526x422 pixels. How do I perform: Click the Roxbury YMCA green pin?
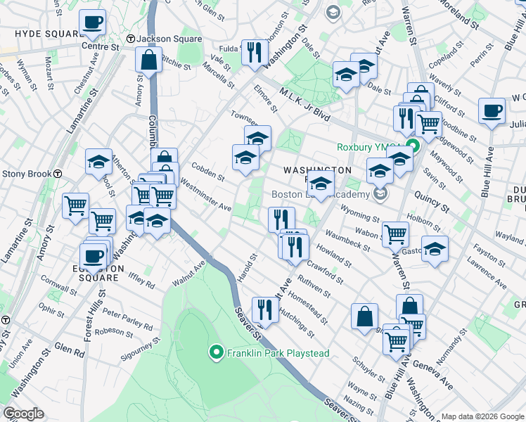pyautogui.click(x=414, y=147)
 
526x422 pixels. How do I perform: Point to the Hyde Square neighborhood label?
pyautogui.click(x=38, y=33)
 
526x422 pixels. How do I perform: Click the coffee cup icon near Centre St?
pyautogui.click(x=93, y=23)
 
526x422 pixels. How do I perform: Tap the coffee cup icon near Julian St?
pyautogui.click(x=492, y=110)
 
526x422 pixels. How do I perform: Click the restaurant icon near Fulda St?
pyautogui.click(x=254, y=51)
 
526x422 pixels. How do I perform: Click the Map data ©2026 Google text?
pyautogui.click(x=482, y=416)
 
